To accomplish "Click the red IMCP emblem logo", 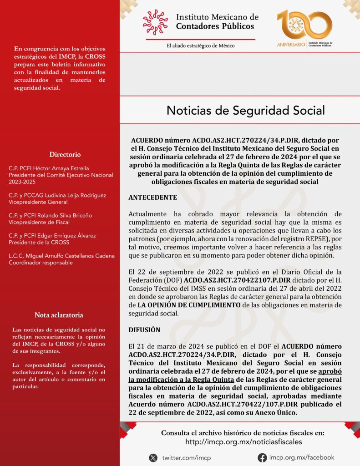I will (155, 22).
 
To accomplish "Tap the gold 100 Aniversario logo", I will (304, 28).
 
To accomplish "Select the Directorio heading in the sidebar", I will (65, 154).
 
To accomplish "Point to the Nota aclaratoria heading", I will (59, 315).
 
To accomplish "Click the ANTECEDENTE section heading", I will (152, 198).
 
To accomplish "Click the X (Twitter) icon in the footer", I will (153, 457).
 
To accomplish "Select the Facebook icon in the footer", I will (262, 457).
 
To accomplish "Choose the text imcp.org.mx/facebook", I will (301, 457).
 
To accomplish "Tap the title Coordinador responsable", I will (41, 262).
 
